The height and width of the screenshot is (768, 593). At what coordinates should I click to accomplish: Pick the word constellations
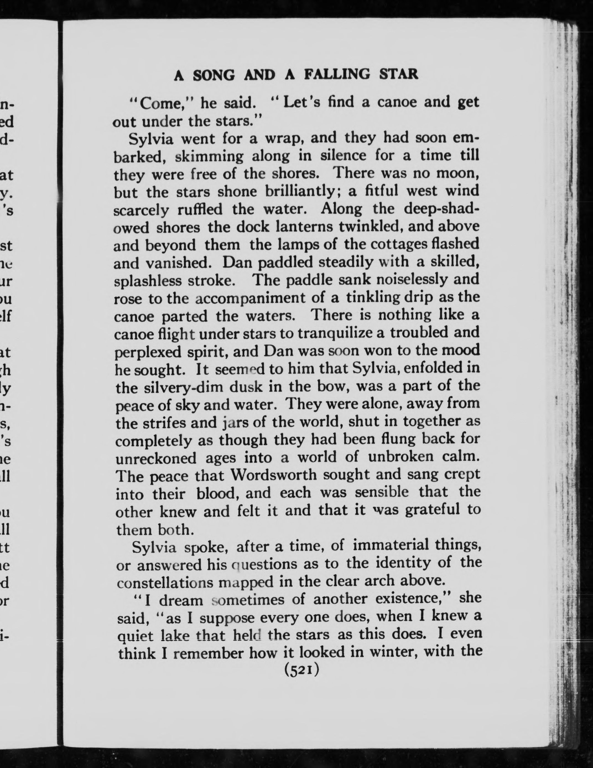point(165,583)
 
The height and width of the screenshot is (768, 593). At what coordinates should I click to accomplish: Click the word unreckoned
point(156,458)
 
